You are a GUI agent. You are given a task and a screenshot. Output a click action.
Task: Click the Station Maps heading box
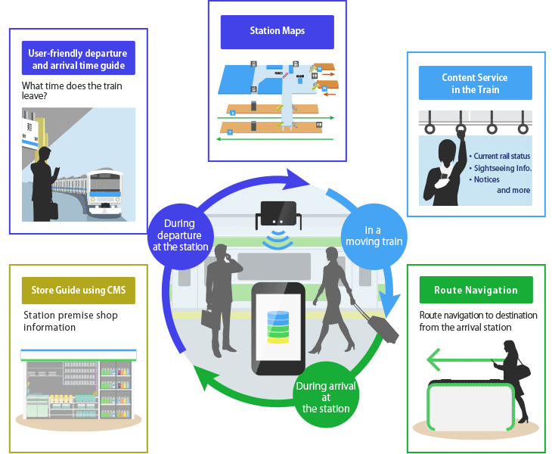[x=277, y=32]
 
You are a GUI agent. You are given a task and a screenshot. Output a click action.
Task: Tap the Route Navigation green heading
[x=476, y=291]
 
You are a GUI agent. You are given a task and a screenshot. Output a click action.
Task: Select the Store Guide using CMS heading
[x=79, y=290]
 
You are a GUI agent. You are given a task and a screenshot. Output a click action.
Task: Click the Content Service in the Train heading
[x=475, y=83]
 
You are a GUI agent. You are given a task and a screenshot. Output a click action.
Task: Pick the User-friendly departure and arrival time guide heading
[x=78, y=59]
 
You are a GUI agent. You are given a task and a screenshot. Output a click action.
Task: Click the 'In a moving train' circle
[x=374, y=235]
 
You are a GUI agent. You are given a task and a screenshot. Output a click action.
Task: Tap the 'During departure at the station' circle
[x=179, y=235]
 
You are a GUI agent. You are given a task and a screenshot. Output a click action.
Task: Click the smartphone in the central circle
[x=278, y=328]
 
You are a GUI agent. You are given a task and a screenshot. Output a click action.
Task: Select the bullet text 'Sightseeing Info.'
[x=502, y=168]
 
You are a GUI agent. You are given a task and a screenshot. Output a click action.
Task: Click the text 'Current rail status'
[x=501, y=157]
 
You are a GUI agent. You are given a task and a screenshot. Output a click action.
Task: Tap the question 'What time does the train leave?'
[x=72, y=92]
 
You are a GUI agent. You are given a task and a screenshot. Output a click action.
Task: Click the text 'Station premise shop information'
[x=70, y=322]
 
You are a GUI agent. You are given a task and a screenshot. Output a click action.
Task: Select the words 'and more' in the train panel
[x=513, y=191]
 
